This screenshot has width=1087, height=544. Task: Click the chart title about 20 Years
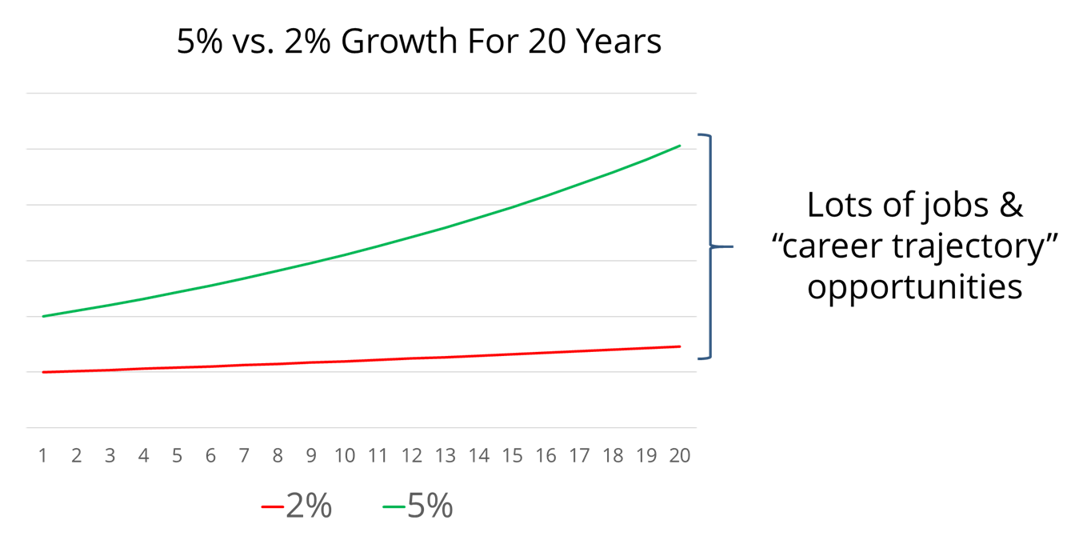pyautogui.click(x=418, y=42)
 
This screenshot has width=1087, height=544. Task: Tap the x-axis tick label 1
pyautogui.click(x=42, y=456)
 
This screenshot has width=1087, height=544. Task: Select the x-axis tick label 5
pyautogui.click(x=177, y=456)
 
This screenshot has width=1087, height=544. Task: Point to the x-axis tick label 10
pyautogui.click(x=345, y=456)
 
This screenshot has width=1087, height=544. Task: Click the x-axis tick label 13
pyautogui.click(x=445, y=456)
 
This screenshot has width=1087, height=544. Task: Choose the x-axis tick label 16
pyautogui.click(x=545, y=456)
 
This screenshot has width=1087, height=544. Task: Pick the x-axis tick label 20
pyautogui.click(x=680, y=456)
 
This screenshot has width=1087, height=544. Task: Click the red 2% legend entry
pyautogui.click(x=297, y=506)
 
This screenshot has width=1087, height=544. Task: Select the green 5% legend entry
pyautogui.click(x=418, y=506)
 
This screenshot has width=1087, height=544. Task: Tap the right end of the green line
pyautogui.click(x=680, y=146)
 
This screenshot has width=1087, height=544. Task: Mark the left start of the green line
pyautogui.click(x=43, y=316)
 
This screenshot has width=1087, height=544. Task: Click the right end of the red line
pyautogui.click(x=680, y=346)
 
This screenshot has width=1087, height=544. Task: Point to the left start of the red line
pyautogui.click(x=43, y=372)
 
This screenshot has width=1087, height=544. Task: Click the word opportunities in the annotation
pyautogui.click(x=914, y=286)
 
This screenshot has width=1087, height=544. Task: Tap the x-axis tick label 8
pyautogui.click(x=278, y=456)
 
